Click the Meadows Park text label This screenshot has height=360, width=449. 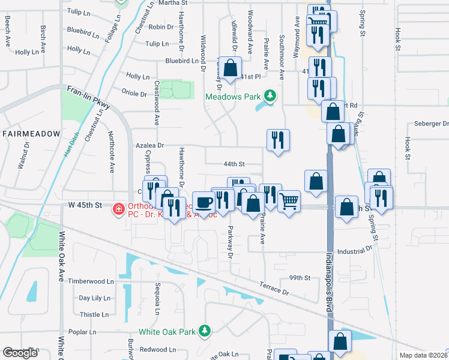pyautogui.click(x=234, y=96)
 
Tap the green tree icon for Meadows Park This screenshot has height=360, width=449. pyautogui.click(x=271, y=95)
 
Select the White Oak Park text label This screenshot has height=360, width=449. pyautogui.click(x=167, y=331)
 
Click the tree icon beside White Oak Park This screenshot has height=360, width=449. pyautogui.click(x=205, y=331)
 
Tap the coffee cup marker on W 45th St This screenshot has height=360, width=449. pyautogui.click(x=203, y=202)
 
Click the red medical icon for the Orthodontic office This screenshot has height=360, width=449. pyautogui.click(x=118, y=208)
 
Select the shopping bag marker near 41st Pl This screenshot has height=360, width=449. pyautogui.click(x=230, y=68)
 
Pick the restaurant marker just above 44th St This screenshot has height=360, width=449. pyautogui.click(x=278, y=140)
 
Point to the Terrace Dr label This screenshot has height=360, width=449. pyautogui.click(x=276, y=289)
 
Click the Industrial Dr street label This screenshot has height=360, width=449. pyautogui.click(x=355, y=251)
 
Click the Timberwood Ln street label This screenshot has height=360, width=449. pyautogui.click(x=91, y=281)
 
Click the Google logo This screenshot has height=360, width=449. pyautogui.click(x=20, y=353)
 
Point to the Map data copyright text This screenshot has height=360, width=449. pyautogui.click(x=423, y=355)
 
